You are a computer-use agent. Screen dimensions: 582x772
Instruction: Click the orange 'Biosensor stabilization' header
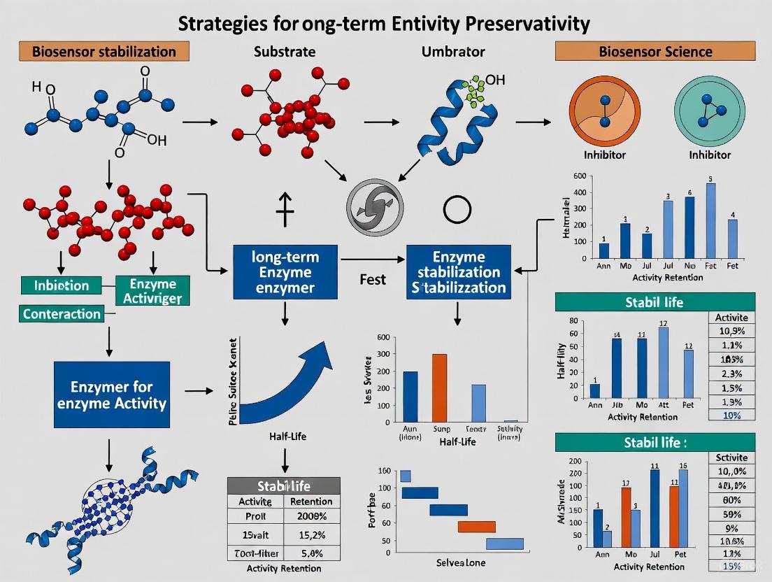[x=103, y=52]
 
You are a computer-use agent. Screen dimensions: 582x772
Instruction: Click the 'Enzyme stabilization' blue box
[x=457, y=273]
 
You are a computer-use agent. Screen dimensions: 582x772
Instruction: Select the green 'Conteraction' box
[x=62, y=314]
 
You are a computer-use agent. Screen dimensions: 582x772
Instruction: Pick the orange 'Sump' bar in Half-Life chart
[x=440, y=388]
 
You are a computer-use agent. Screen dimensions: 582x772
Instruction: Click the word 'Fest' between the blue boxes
[x=373, y=280]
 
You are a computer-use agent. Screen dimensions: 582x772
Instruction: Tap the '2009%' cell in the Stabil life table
[x=312, y=516]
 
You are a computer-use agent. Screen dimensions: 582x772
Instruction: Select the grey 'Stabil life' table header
[x=284, y=485]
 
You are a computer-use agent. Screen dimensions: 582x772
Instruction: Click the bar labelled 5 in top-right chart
[x=711, y=220]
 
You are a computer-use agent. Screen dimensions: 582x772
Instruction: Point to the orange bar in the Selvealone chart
[x=476, y=527]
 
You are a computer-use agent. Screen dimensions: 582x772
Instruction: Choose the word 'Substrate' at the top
[x=285, y=52]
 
